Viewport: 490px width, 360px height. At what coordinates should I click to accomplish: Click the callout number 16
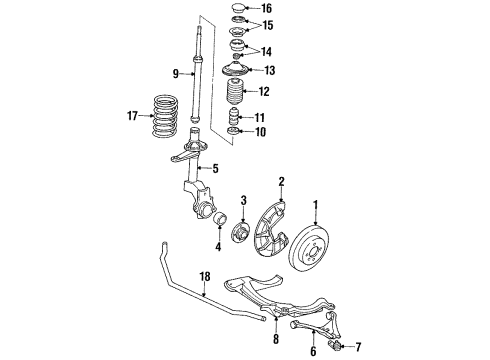point(267,8)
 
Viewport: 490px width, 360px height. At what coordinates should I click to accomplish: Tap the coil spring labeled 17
point(165,116)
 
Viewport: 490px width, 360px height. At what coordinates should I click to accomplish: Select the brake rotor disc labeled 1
point(309,249)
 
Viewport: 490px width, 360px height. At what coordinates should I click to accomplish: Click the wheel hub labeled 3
point(240,235)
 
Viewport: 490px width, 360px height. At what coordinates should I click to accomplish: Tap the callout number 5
point(216,169)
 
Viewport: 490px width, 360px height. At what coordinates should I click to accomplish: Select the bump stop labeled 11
point(233,117)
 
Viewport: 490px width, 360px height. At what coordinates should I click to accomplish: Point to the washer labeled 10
point(233,131)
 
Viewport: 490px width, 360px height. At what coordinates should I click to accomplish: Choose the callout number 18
point(205,277)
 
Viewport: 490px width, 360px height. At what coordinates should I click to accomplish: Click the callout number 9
point(176,74)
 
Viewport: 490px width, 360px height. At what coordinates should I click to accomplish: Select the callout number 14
point(266,52)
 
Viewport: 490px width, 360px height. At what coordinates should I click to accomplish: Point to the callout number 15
point(267,25)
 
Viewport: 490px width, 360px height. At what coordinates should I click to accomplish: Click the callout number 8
point(276,339)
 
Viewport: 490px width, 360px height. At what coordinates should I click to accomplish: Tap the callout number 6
point(313,351)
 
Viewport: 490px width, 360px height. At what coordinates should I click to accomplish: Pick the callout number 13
point(269,70)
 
